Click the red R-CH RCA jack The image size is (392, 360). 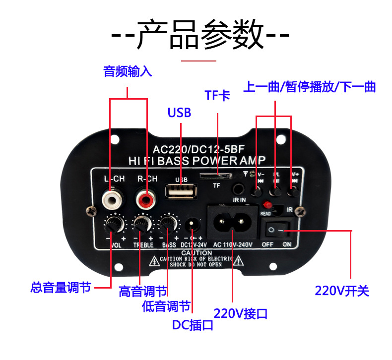pyautogui.click(x=146, y=201)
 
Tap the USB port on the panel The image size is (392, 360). pyautogui.click(x=181, y=191)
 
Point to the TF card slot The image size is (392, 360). pyautogui.click(x=216, y=176)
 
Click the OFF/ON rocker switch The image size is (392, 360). pyautogui.click(x=276, y=229)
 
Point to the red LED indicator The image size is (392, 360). pyautogui.click(x=267, y=204)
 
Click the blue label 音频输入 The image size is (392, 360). pyautogui.click(x=128, y=71)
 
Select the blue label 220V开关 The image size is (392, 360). pyautogui.click(x=342, y=291)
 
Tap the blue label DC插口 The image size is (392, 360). pyautogui.click(x=193, y=325)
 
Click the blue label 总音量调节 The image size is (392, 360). pyautogui.click(x=61, y=287)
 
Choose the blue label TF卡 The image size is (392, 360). pyautogui.click(x=217, y=95)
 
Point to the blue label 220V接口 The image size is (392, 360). pyautogui.click(x=240, y=313)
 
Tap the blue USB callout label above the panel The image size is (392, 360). pyautogui.click(x=179, y=113)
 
